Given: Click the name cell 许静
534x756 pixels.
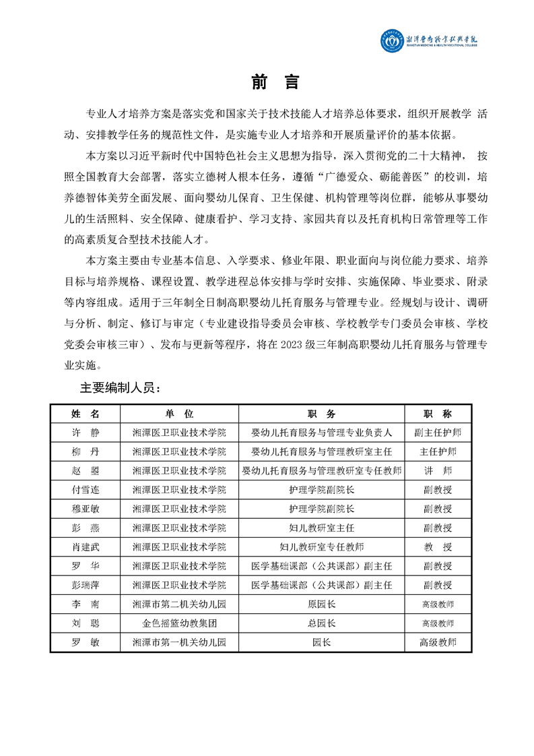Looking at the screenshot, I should pos(85,432).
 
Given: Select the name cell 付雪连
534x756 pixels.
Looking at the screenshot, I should pos(85,489).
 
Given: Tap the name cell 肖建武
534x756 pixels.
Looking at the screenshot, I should pos(85,546).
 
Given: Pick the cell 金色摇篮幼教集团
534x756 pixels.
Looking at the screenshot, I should pos(179,624).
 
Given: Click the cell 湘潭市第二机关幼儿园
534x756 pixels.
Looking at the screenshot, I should pos(179,604).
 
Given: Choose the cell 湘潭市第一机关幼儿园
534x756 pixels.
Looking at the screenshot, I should pos(179,643).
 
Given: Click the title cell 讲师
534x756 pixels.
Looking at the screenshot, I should pos(438,470).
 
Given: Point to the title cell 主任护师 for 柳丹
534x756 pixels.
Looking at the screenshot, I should pos(438,451).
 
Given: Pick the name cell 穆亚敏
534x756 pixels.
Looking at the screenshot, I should pos(85,508).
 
